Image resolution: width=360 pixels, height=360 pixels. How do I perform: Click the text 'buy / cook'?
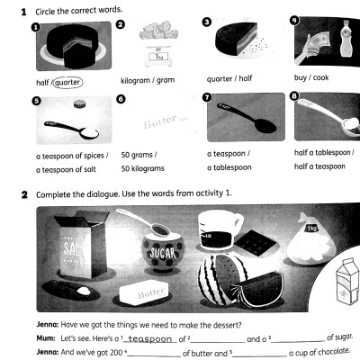(x=311, y=78)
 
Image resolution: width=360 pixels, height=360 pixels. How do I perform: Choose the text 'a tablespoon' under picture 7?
(x=230, y=167)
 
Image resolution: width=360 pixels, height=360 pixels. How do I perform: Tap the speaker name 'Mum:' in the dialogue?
(x=47, y=339)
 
